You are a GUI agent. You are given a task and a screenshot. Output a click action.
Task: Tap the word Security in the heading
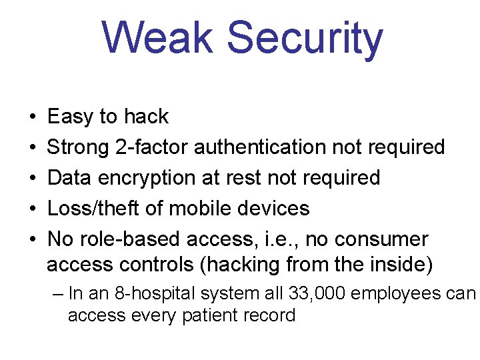click(x=303, y=39)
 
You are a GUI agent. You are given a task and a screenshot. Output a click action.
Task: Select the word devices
click(x=274, y=208)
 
